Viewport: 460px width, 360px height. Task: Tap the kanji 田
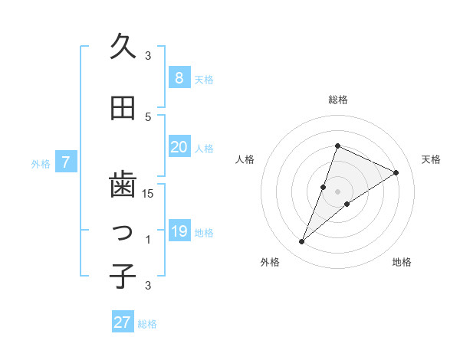tap(123, 109)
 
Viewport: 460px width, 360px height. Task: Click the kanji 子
tap(123, 275)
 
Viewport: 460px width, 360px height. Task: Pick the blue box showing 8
tap(179, 77)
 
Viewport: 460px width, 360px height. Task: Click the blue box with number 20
tap(179, 147)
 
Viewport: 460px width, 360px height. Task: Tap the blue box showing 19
tap(179, 231)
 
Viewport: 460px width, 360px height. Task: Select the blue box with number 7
tap(67, 162)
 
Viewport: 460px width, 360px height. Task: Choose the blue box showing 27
tap(123, 322)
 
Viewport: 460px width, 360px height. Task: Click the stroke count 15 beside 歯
tap(148, 193)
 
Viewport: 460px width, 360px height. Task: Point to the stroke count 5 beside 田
tap(148, 116)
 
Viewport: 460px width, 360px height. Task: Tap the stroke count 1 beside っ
tap(148, 240)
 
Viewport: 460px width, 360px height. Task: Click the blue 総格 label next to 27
tap(147, 324)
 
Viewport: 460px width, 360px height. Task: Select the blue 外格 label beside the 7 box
tap(40, 163)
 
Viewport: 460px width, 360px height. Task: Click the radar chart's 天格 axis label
tap(431, 159)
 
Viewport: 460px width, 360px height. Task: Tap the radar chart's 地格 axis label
tap(402, 262)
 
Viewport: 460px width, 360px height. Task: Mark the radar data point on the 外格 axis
tap(302, 242)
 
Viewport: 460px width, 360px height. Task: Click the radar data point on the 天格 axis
tap(396, 172)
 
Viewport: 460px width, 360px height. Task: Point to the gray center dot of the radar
tap(337, 191)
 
